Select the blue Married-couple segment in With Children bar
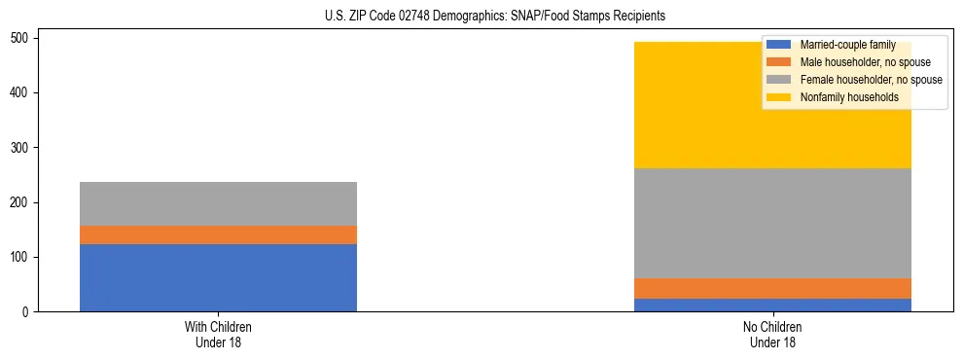point(218,277)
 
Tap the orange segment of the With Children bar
point(218,234)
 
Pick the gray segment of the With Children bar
point(218,203)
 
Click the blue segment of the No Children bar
point(772,305)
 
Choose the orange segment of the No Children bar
point(772,288)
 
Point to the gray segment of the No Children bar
point(772,223)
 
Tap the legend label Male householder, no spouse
point(865,62)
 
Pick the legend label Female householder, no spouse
point(871,80)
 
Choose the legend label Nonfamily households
point(849,97)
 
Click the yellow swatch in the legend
point(779,97)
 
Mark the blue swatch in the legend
point(779,45)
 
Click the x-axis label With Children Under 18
point(218,335)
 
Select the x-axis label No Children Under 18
point(772,335)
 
